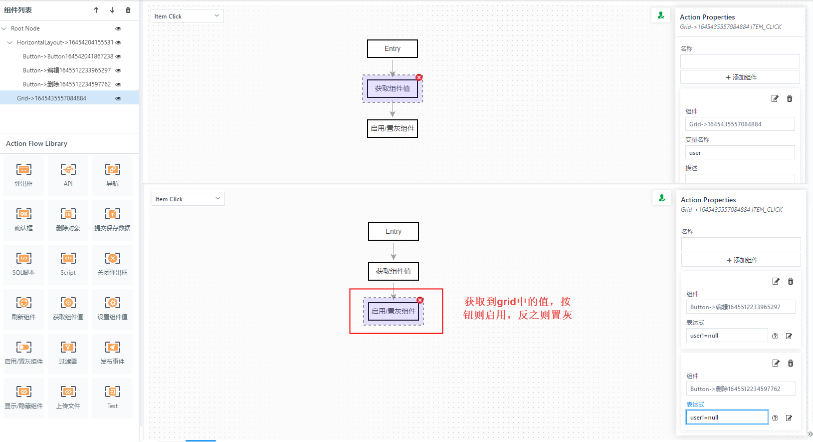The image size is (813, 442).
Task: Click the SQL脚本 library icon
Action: coord(23,258)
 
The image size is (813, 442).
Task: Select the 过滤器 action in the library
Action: coord(68,347)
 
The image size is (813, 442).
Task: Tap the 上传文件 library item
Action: coord(68,392)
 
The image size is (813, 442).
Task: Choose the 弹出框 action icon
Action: coord(23,169)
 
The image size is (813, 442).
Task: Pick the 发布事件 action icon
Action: coord(113,347)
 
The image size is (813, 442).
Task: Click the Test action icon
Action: coord(113,392)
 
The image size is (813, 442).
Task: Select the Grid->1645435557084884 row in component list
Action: coord(51,98)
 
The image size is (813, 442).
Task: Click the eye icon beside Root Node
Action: coord(118,28)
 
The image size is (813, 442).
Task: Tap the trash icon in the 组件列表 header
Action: coord(128,10)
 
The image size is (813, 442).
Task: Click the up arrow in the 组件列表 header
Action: coord(96,10)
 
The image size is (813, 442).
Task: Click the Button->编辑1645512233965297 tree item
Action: coord(67,70)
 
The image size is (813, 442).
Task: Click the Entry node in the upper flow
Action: coord(393,49)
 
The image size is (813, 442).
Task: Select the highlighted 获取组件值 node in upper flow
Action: coord(393,89)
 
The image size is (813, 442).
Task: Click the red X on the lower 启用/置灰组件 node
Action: coord(420,300)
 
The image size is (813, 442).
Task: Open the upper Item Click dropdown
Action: coord(187,16)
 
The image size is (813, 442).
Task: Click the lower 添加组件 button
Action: coord(741,260)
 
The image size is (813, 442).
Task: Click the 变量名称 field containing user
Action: coord(740,153)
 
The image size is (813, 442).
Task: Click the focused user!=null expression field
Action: coord(727,418)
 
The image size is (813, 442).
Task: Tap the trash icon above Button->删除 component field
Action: coord(791,363)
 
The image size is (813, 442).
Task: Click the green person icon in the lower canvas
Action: coord(662,198)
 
